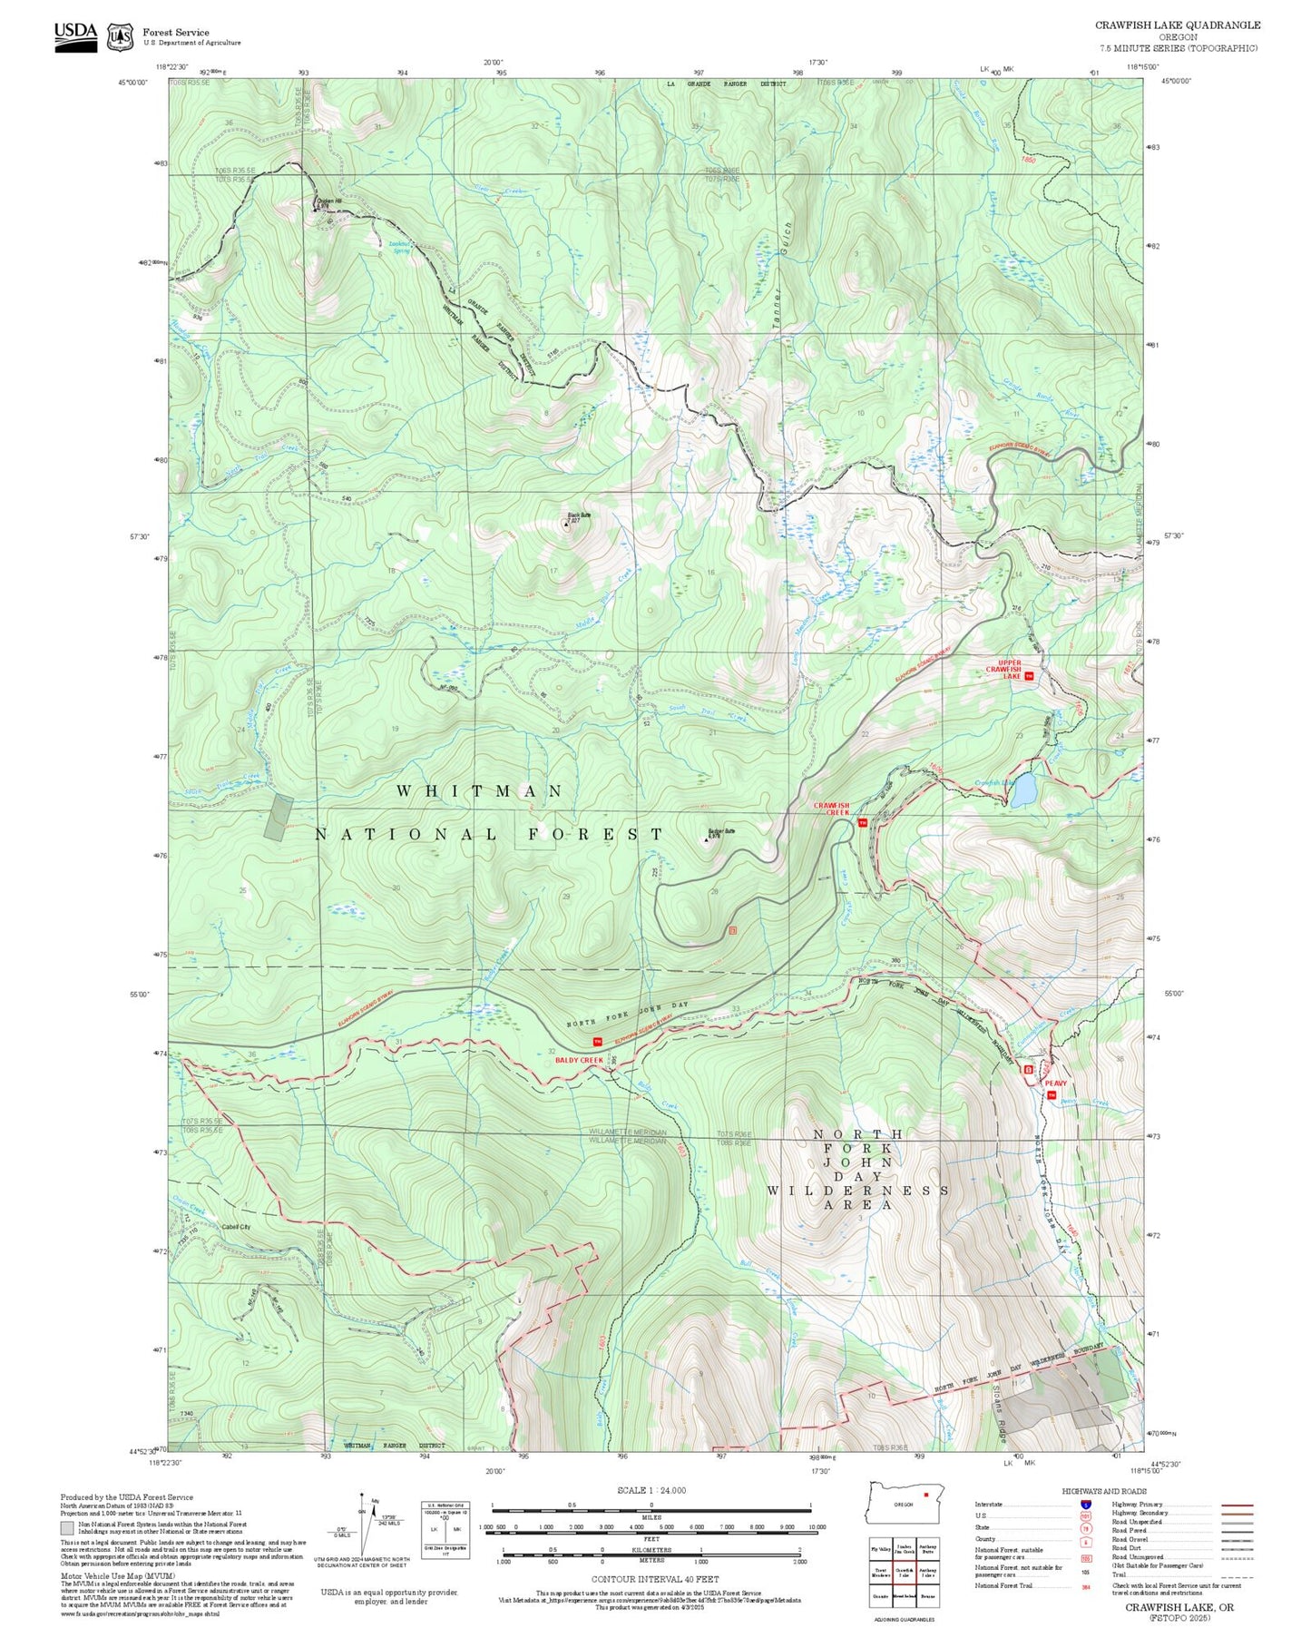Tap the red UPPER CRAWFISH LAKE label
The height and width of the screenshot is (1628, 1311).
[x=1010, y=669]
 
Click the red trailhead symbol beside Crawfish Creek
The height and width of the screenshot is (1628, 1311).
[x=863, y=822]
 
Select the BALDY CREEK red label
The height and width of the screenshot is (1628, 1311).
[x=579, y=1059]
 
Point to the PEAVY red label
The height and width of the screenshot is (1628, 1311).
[x=1055, y=1083]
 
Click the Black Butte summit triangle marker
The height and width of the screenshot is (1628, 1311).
[x=567, y=524]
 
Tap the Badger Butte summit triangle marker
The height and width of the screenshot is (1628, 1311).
[x=707, y=839]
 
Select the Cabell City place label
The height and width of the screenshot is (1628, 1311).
[x=236, y=1226]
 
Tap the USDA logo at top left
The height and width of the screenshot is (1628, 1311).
[x=75, y=34]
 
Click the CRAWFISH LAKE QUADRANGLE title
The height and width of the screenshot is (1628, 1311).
[x=1177, y=25]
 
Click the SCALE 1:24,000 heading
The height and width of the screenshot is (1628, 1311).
[x=651, y=1490]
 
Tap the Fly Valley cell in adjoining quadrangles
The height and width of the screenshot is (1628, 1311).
[x=879, y=1549]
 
